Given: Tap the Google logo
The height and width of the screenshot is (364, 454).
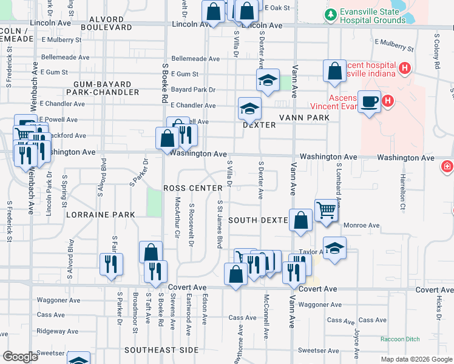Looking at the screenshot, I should pyautogui.click(x=20, y=357).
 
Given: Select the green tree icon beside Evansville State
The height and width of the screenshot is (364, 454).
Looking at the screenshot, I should pyautogui.click(x=330, y=14).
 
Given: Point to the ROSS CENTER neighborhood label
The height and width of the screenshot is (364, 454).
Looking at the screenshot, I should pyautogui.click(x=193, y=188).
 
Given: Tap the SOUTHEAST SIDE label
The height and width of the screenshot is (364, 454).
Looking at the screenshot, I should pyautogui.click(x=161, y=350).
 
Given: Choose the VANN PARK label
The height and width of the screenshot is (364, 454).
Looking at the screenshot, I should pyautogui.click(x=303, y=117).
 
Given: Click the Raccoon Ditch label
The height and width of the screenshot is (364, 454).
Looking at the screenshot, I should pyautogui.click(x=400, y=340).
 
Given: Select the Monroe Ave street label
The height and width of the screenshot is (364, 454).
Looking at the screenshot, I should pyautogui.click(x=362, y=225).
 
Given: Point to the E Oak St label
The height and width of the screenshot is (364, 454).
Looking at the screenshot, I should pyautogui.click(x=277, y=8).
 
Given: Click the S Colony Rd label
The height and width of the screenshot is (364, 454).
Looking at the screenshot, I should pyautogui.click(x=436, y=52).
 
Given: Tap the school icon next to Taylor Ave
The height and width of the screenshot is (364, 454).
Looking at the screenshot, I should pyautogui.click(x=334, y=248).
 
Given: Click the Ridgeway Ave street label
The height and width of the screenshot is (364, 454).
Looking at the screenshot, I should pyautogui.click(x=59, y=331).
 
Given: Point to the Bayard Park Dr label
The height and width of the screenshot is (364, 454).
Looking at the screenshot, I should pyautogui.click(x=194, y=90).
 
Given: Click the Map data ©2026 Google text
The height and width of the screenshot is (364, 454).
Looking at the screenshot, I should pyautogui.click(x=416, y=359).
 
